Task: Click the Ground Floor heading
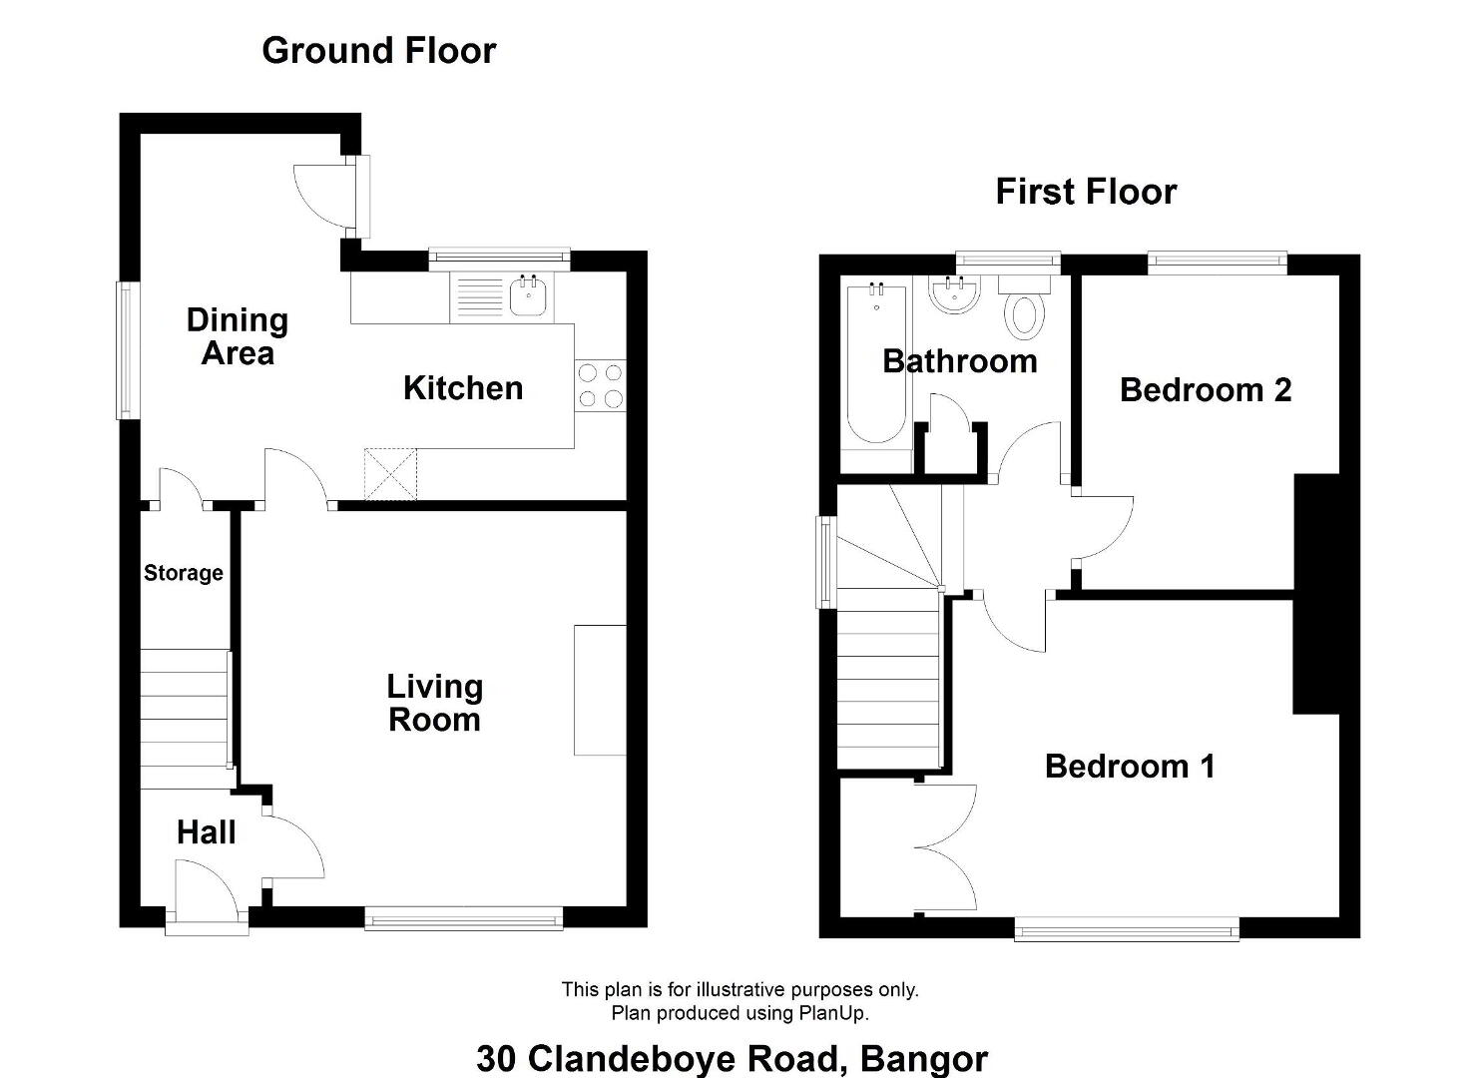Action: [x=379, y=51]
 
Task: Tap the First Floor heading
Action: [x=1086, y=192]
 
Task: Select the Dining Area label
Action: [x=238, y=336]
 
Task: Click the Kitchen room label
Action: [x=463, y=388]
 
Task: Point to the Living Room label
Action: [x=434, y=703]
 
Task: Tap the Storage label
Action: [x=184, y=573]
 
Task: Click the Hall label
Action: [x=207, y=832]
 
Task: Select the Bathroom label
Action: [x=960, y=361]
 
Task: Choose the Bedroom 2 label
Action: [x=1206, y=390]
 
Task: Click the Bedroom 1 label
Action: [x=1130, y=767]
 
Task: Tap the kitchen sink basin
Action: [x=528, y=296]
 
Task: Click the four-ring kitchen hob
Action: [x=601, y=385]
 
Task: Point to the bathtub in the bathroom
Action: [x=876, y=364]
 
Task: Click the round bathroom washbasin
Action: [x=954, y=295]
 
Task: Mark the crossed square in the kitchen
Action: [x=390, y=474]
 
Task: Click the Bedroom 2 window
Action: [x=1218, y=262]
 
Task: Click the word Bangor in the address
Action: [x=924, y=1058]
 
